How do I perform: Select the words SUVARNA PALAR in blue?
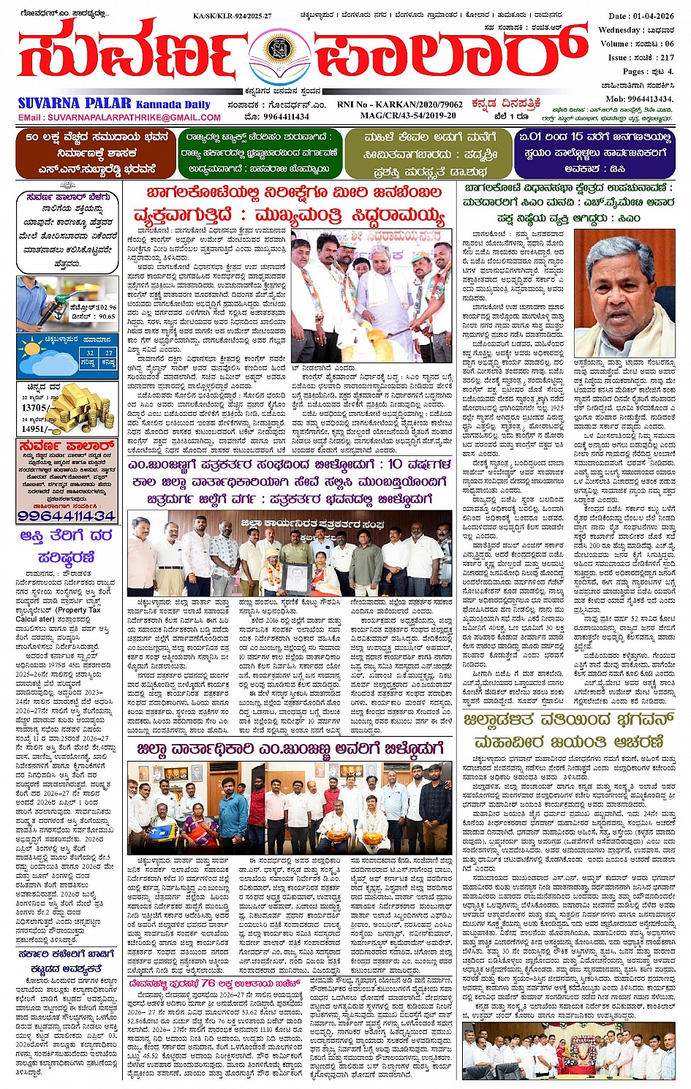point(75,104)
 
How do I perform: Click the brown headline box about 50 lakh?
point(95,153)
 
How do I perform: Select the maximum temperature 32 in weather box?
point(88,352)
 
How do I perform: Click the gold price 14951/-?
point(34,429)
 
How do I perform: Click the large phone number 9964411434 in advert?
point(67,516)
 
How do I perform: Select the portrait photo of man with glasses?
point(624,291)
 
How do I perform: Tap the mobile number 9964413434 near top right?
point(649,99)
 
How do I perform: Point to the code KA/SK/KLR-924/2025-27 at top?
point(232,15)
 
